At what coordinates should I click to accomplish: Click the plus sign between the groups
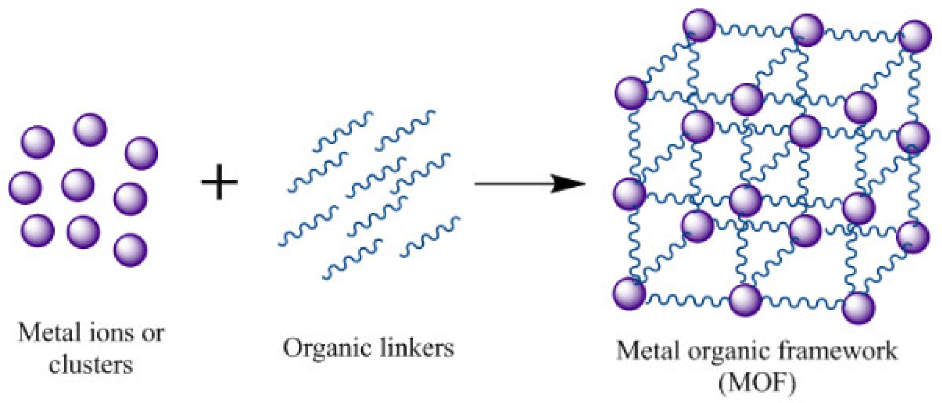[219, 182]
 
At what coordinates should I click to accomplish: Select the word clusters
[91, 365]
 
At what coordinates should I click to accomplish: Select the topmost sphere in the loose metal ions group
[90, 130]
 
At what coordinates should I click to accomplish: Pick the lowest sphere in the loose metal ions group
[130, 250]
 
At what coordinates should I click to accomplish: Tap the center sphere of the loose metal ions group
[78, 185]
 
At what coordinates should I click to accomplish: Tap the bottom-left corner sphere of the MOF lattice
[629, 293]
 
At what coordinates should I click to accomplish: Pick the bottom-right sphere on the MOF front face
[859, 308]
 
